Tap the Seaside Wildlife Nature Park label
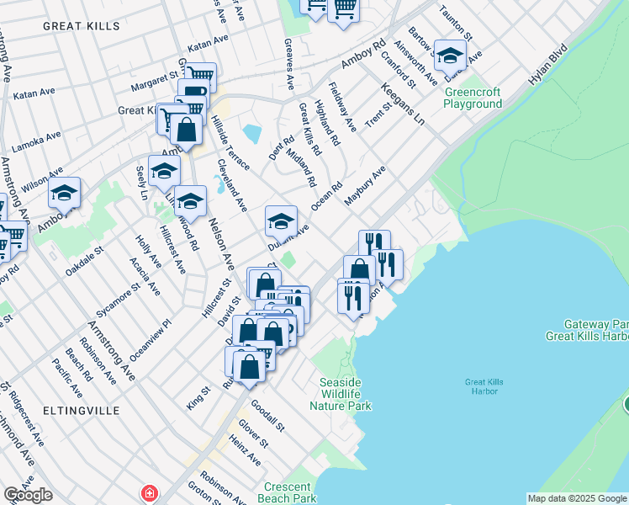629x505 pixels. (x=340, y=394)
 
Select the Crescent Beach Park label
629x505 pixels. (x=289, y=492)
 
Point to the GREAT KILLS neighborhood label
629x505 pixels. (x=81, y=27)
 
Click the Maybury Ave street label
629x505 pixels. (x=364, y=186)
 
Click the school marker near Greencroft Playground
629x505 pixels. (x=450, y=56)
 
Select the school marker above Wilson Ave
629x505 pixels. (x=64, y=193)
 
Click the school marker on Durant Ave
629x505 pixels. (x=281, y=221)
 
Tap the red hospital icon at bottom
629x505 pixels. (x=149, y=492)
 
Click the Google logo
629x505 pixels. (x=28, y=495)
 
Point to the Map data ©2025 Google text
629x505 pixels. (x=576, y=498)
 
